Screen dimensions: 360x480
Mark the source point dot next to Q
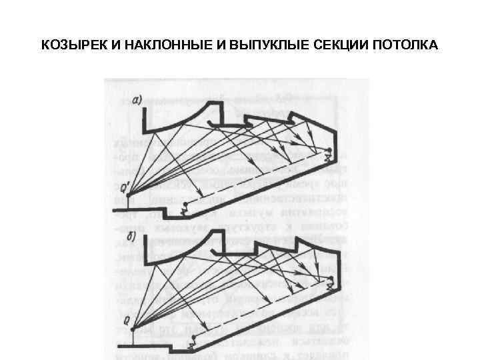coord(133,328)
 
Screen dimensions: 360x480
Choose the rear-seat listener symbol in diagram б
coord(329,281)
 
